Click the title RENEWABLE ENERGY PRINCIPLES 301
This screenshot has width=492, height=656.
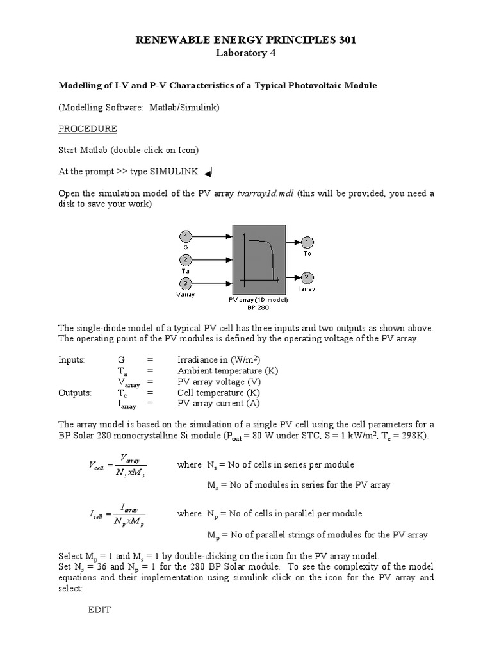point(246,40)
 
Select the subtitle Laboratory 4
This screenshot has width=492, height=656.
point(246,53)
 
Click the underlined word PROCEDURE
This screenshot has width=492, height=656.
point(88,129)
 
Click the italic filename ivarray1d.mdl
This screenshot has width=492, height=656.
point(265,194)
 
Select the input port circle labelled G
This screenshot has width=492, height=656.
point(184,236)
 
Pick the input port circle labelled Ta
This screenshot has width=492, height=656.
point(184,259)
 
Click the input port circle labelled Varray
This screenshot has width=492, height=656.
point(184,283)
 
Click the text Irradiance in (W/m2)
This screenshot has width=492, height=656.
point(218,360)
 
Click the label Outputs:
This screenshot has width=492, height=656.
point(75,393)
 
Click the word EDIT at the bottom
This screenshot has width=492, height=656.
point(99,610)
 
